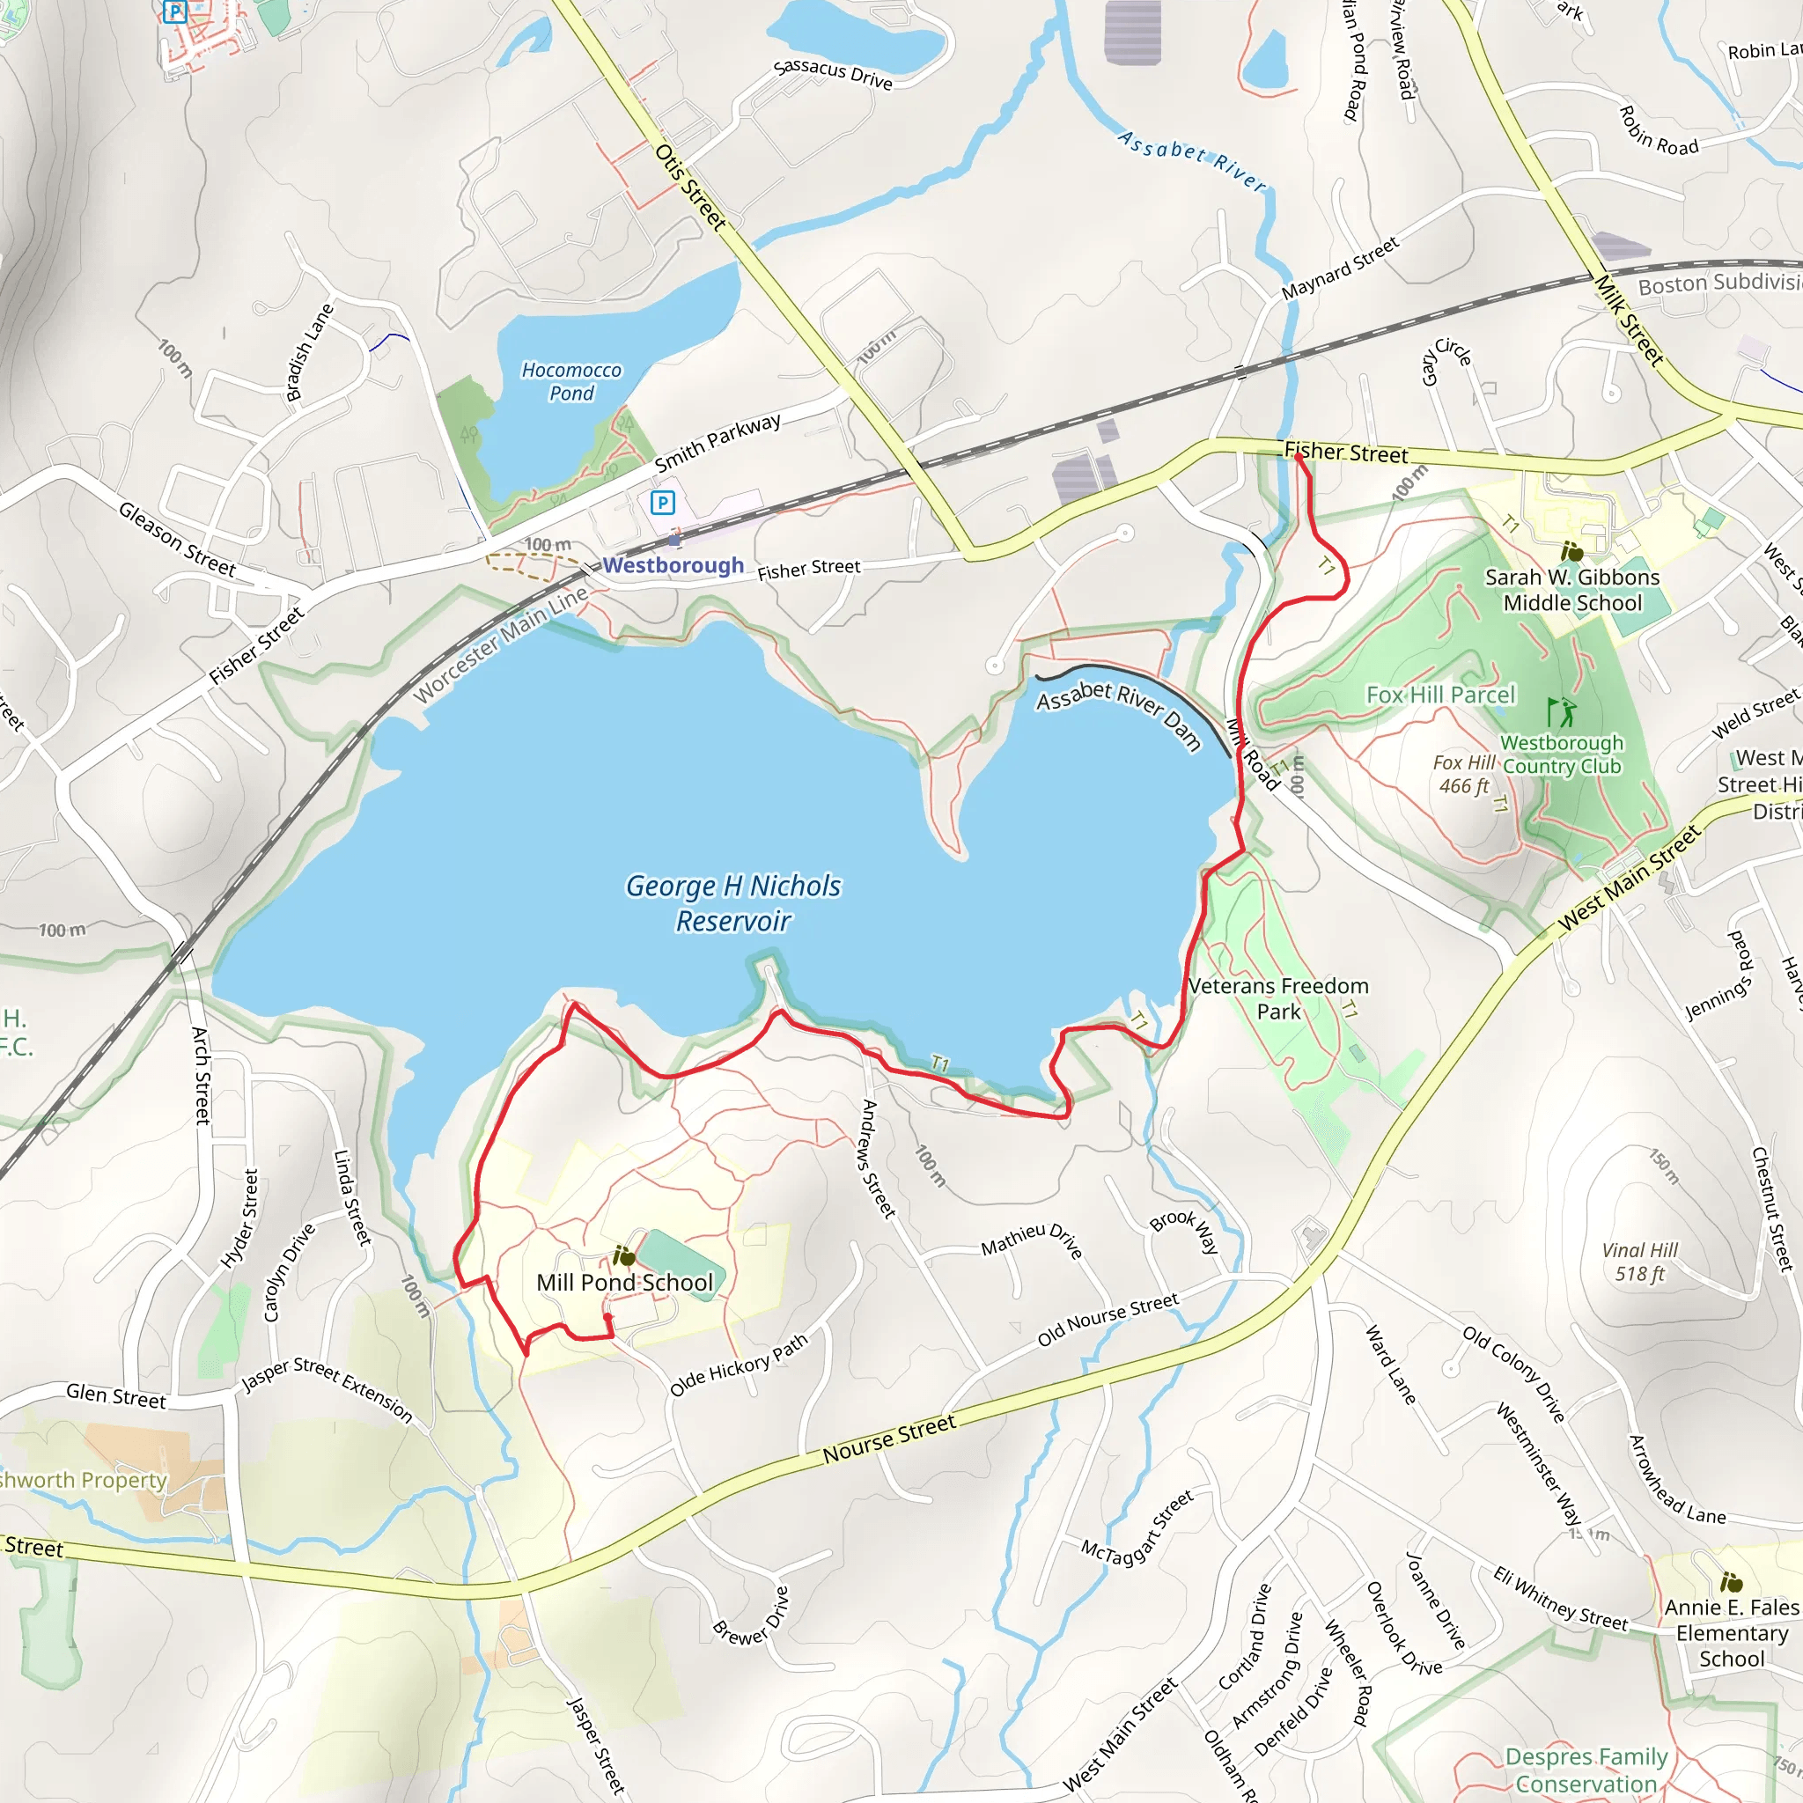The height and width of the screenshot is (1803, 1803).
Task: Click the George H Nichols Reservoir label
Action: tap(733, 902)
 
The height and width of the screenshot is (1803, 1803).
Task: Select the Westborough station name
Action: tap(673, 564)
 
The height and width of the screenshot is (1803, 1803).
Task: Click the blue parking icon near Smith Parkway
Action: tap(662, 503)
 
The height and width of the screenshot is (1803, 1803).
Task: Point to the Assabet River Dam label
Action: tap(1118, 714)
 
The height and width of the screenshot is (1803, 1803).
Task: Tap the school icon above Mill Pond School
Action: tap(623, 1256)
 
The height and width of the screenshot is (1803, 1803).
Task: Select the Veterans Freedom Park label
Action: tap(1277, 997)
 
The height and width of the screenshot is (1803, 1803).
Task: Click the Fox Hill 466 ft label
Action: tap(1463, 774)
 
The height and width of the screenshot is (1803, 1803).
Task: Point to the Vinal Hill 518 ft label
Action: tap(1639, 1262)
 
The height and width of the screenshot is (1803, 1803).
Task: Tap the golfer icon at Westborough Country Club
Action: tap(1559, 712)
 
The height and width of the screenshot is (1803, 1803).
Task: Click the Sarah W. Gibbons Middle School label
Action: tap(1572, 590)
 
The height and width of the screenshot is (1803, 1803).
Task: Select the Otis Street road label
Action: tap(689, 186)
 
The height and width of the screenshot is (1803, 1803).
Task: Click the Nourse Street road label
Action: tap(888, 1439)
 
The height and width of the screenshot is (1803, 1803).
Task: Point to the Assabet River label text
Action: tap(1192, 160)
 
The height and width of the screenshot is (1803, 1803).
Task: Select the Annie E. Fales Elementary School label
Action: tap(1731, 1632)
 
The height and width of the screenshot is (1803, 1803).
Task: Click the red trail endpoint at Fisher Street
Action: tap(1299, 457)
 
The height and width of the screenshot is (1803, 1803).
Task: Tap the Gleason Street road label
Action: tap(176, 539)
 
